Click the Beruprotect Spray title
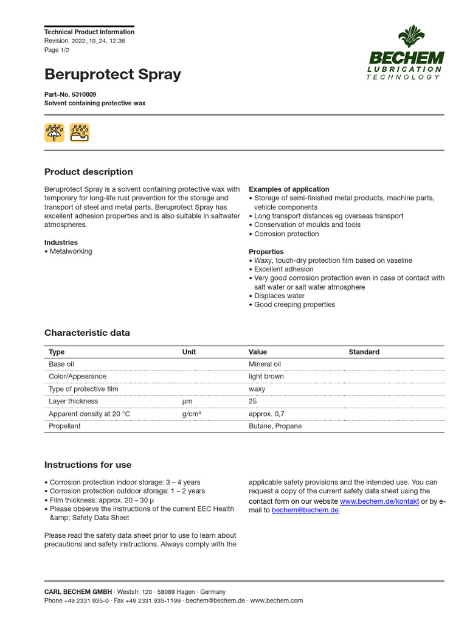click(112, 75)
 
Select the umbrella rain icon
click(54, 132)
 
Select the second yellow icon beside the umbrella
click(79, 132)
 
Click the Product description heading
click(88, 172)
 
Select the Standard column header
click(364, 352)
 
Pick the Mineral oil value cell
click(265, 364)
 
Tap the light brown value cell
click(266, 377)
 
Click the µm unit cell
click(187, 402)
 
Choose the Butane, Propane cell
click(275, 426)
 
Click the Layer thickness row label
click(73, 402)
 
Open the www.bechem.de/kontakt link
click(379, 501)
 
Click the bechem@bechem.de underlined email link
click(305, 510)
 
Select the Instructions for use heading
click(88, 465)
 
